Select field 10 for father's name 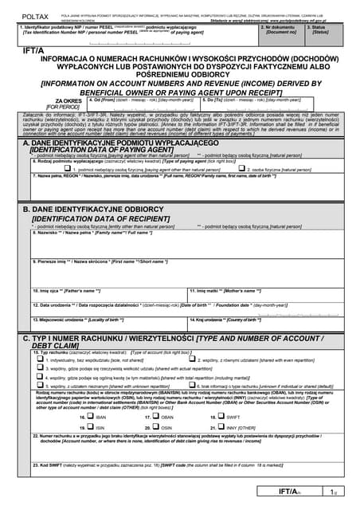click(106, 296)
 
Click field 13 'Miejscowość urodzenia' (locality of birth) click(106, 324)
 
